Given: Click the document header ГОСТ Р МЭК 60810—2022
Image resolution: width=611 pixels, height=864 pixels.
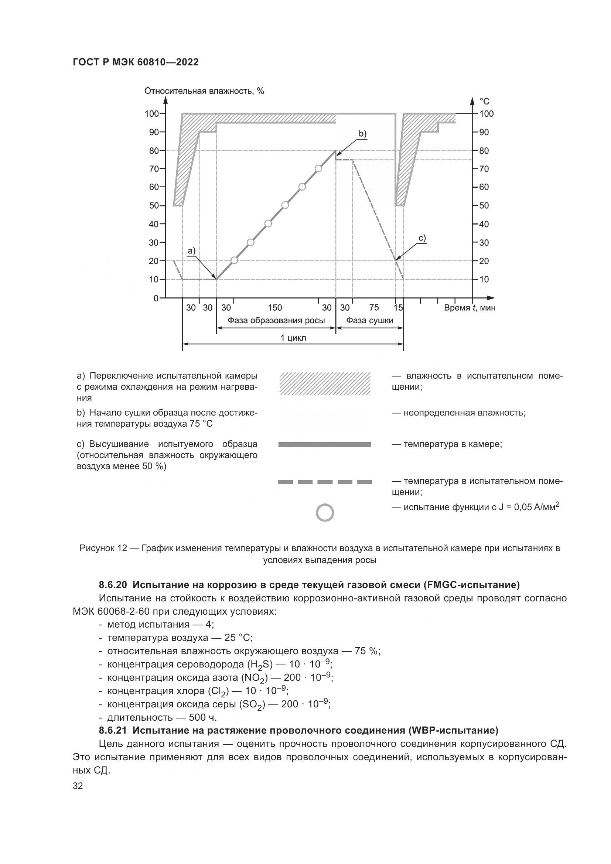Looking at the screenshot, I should (136, 62).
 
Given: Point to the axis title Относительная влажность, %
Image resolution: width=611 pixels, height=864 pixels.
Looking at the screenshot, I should (204, 91).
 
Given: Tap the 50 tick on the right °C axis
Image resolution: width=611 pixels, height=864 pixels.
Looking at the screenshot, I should (484, 205).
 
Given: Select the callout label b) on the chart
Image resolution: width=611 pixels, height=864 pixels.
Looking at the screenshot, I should (362, 134).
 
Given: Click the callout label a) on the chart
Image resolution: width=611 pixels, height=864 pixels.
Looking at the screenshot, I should (191, 250).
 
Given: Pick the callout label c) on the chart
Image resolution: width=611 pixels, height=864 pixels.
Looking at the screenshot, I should (422, 238).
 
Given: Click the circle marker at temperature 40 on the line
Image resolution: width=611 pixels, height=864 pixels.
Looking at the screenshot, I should (268, 223).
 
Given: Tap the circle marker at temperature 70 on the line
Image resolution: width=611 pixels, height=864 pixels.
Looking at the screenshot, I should (318, 168).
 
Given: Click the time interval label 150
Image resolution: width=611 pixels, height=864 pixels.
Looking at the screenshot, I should (275, 308).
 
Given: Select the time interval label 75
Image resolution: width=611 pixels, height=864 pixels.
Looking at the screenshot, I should (373, 308).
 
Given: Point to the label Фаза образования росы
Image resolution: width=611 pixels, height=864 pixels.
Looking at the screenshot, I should (276, 321).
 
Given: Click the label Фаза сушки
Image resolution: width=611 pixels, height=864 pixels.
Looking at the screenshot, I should (369, 321).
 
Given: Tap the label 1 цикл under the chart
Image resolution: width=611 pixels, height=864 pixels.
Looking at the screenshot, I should (293, 338).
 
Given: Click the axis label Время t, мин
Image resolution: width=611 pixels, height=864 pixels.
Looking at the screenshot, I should (469, 308).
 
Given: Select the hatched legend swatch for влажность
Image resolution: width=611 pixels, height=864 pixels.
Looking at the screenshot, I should (325, 383).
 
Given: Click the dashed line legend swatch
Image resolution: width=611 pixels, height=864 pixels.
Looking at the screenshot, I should (325, 482).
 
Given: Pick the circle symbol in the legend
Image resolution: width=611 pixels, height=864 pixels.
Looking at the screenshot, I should (325, 513).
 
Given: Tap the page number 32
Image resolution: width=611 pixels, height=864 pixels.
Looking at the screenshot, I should (78, 786).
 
